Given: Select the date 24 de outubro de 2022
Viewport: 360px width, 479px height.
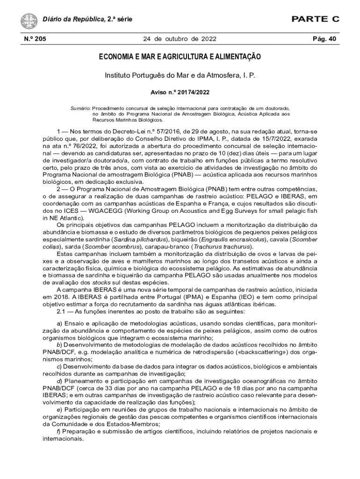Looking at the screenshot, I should coord(180,39).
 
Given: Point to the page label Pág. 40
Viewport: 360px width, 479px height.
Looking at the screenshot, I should coord(324,39).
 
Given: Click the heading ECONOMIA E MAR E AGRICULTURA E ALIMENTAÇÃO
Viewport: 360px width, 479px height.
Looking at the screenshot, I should coord(180,57).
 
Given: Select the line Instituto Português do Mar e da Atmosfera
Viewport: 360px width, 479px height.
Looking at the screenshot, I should coord(180,75).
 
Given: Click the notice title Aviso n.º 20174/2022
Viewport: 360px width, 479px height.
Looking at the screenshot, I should coord(180,93).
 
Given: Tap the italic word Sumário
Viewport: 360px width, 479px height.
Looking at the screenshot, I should coord(80,108).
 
